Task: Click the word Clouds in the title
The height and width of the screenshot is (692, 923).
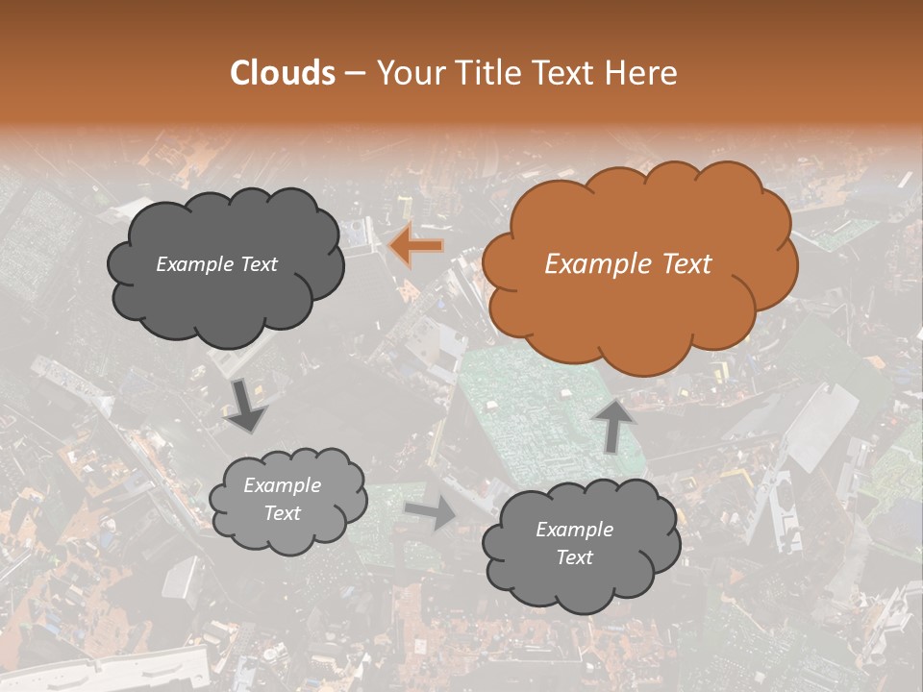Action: click(283, 73)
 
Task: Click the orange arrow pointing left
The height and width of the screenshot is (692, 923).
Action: click(416, 247)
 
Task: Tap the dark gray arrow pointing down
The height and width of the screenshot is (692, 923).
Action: click(247, 405)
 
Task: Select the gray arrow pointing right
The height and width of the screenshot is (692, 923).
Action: click(432, 511)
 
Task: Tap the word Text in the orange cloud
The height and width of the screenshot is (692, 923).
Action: click(685, 264)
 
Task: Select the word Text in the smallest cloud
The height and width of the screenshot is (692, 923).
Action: click(283, 513)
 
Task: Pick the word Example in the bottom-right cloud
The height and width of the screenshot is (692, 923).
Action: click(574, 530)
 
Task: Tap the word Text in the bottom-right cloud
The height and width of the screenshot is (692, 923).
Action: click(574, 557)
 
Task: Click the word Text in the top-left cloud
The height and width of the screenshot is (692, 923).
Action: click(258, 264)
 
